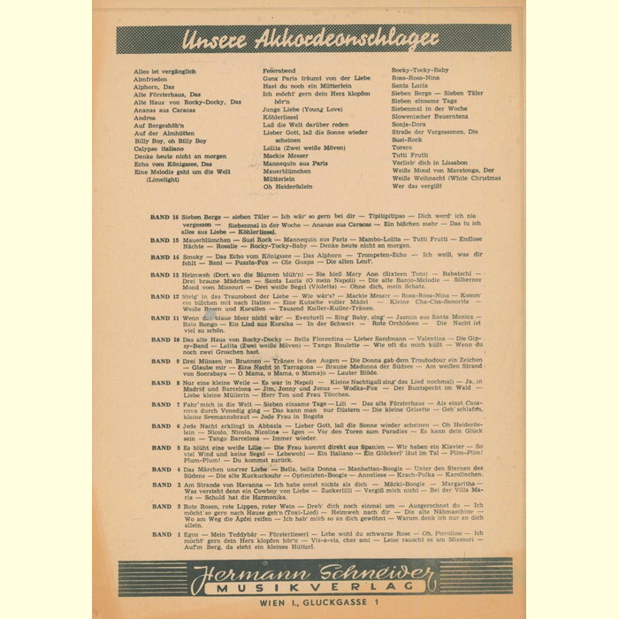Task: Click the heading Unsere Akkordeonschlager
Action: point(309,39)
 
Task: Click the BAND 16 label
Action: point(164,216)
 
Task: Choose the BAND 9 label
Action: point(164,361)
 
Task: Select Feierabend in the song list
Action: point(281,71)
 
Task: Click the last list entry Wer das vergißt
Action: point(416,186)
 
